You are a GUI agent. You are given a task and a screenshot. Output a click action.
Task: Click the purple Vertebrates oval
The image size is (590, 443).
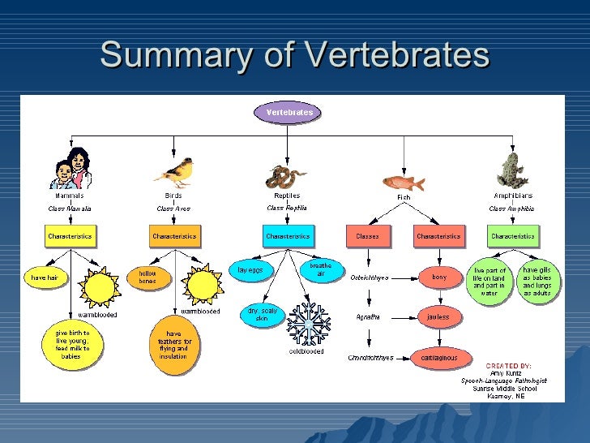tap(289, 113)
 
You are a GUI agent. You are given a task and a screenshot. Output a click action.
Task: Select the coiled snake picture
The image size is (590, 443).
tap(286, 176)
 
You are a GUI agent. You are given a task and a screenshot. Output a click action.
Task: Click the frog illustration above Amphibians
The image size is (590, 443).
tap(511, 170)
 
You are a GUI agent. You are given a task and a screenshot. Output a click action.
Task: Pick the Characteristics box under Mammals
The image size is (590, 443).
tap(71, 237)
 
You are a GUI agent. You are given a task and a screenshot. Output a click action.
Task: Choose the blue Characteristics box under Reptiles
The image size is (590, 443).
tap(287, 237)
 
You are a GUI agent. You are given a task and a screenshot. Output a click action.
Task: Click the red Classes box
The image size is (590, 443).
tap(367, 237)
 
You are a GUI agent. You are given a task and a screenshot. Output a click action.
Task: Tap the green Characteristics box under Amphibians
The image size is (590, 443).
tap(513, 237)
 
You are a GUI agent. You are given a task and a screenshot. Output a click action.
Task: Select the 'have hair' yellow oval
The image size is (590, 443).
tap(45, 277)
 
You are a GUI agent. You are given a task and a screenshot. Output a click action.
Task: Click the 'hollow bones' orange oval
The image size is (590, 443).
tap(148, 277)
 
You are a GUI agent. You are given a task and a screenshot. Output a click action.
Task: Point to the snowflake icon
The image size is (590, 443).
tap(309, 323)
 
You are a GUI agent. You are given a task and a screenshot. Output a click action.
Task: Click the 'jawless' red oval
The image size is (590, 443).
tap(438, 316)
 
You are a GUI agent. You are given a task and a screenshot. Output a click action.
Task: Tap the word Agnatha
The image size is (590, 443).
tap(368, 317)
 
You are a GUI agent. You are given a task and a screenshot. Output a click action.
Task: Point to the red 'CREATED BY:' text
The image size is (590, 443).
tap(508, 367)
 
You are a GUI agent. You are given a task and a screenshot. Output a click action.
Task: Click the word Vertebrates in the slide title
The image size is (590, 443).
tap(398, 55)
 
